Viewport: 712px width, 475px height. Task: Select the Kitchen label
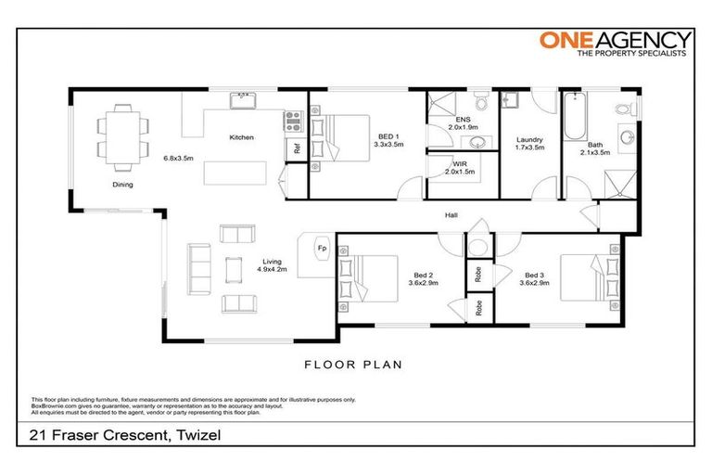[242, 138]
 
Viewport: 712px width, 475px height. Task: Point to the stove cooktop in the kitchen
[295, 120]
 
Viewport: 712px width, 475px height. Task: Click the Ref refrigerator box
[297, 148]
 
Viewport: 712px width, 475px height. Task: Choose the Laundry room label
[529, 140]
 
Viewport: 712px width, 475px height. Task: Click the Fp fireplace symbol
[322, 249]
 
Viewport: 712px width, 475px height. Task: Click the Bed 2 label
[423, 275]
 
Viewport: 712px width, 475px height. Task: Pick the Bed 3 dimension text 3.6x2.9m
[540, 284]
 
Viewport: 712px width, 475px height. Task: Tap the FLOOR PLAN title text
[355, 365]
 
